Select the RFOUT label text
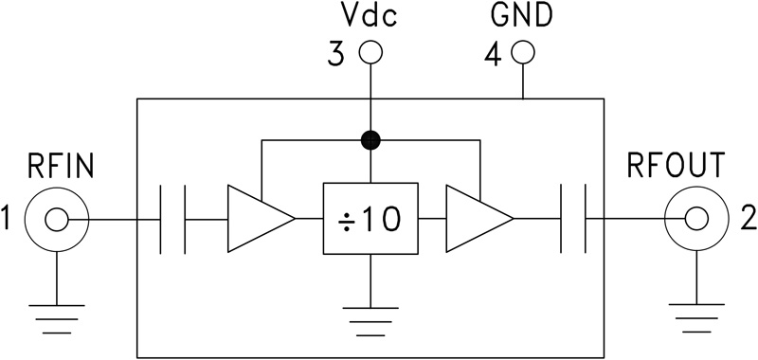point(677,168)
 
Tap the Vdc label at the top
point(371,18)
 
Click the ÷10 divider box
point(370,219)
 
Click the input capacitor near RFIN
point(171,219)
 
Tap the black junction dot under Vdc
point(370,141)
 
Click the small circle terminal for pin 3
point(370,53)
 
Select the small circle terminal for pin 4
point(523,53)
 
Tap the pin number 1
point(9,220)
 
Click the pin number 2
point(747,220)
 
